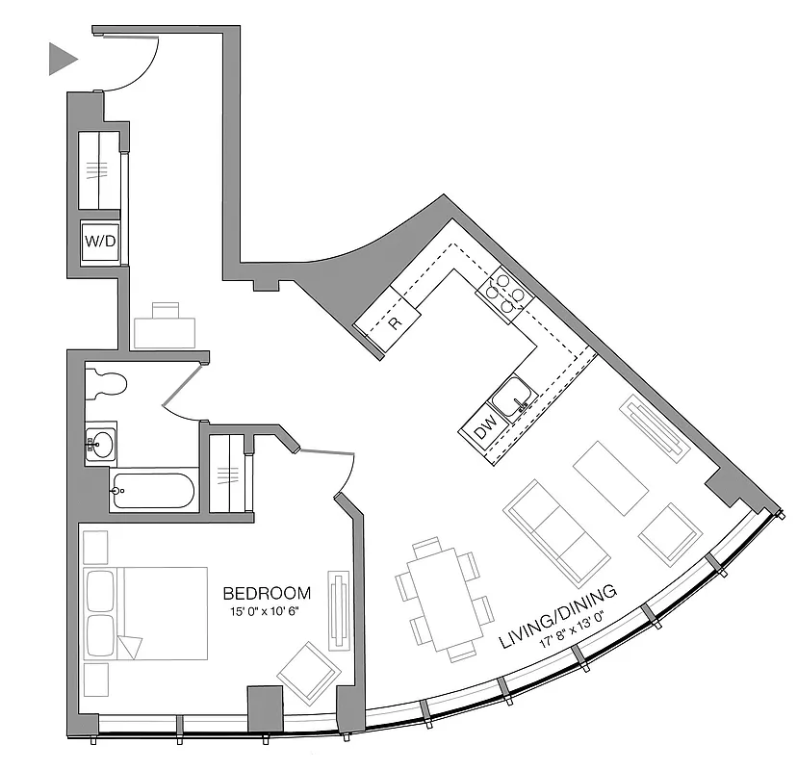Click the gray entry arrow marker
coord(62,60)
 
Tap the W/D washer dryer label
coord(100,241)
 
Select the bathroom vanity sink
coord(99,444)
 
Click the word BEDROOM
coord(267,593)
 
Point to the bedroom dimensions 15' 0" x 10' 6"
coord(267,611)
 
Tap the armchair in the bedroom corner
coord(309,672)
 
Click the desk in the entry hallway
coord(166,328)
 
